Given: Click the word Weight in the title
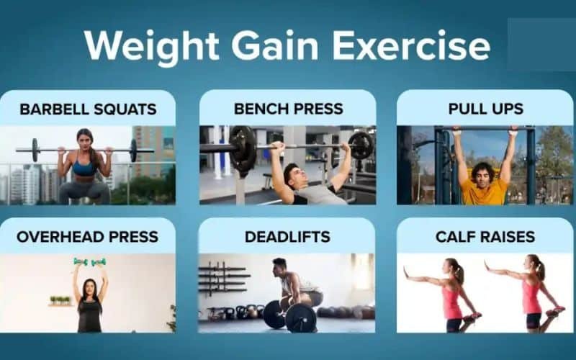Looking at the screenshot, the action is click(152, 47).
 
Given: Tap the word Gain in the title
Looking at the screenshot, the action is click(275, 45).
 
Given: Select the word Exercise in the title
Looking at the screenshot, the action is click(411, 45).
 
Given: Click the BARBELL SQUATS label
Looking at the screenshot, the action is click(88, 109).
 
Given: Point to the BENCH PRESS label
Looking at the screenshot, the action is click(289, 109).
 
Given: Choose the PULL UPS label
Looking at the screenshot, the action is click(485, 109).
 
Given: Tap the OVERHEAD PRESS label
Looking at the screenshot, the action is click(87, 237).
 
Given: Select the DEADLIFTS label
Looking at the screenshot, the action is click(287, 237).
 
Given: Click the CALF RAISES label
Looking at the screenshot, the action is click(485, 237).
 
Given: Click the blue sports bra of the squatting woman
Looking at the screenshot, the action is click(84, 167).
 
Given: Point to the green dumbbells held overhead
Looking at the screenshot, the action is click(90, 262).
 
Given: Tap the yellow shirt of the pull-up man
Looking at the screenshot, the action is click(483, 192).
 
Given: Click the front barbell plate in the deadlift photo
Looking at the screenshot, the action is click(300, 318).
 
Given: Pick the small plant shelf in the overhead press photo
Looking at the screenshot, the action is click(60, 301).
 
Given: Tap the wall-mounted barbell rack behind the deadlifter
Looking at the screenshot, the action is click(222, 279).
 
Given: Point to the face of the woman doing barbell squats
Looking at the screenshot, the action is click(84, 140).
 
